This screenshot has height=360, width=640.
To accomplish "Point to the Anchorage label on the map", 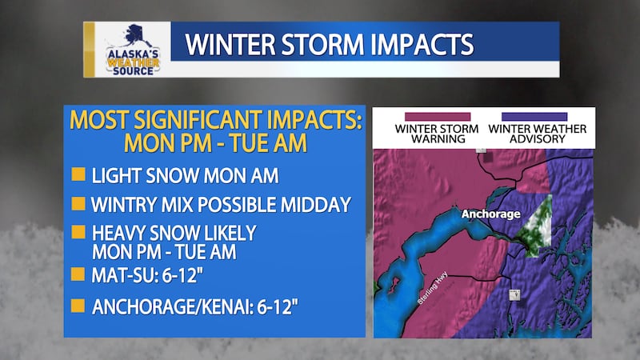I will click(491, 214).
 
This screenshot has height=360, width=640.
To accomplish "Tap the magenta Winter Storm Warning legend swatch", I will click(437, 117).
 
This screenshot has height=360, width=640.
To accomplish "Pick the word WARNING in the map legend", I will click(437, 139).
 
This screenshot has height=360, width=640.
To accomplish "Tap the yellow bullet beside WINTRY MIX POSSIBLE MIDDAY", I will click(78, 205).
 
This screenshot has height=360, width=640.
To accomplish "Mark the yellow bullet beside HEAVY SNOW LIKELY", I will click(78, 234).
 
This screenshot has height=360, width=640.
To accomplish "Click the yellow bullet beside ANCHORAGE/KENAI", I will click(78, 306).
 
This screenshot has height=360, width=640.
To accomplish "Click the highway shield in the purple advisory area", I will click(516, 295).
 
